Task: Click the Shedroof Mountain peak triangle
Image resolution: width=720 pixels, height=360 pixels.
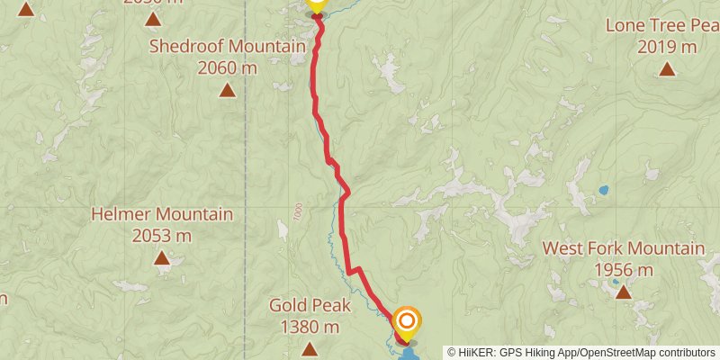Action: point(228,89)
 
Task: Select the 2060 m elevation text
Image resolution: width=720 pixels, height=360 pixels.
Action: point(228,67)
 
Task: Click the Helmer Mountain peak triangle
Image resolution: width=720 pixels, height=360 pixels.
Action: point(162,258)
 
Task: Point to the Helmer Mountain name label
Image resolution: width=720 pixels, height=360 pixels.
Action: point(162,215)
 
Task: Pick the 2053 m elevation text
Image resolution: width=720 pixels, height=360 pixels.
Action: point(162,236)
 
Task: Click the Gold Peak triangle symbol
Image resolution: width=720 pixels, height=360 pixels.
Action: point(309,349)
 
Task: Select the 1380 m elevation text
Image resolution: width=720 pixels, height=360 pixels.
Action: point(309,327)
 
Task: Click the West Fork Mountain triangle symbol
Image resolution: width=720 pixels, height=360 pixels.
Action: point(623,292)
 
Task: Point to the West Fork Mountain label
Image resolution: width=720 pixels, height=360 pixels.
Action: point(623,248)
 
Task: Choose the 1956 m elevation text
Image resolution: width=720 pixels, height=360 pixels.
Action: point(623,269)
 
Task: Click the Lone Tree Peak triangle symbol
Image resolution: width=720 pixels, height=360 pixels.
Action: point(667,69)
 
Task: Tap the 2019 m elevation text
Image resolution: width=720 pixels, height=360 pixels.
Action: point(667,47)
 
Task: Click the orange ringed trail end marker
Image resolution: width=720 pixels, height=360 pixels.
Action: point(407,321)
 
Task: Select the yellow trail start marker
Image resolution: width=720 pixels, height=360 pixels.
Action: point(316,4)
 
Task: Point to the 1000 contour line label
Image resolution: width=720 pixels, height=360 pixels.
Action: point(298,213)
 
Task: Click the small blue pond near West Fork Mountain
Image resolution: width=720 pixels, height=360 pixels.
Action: point(603,191)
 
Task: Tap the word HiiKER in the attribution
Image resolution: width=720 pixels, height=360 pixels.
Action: point(477,352)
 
